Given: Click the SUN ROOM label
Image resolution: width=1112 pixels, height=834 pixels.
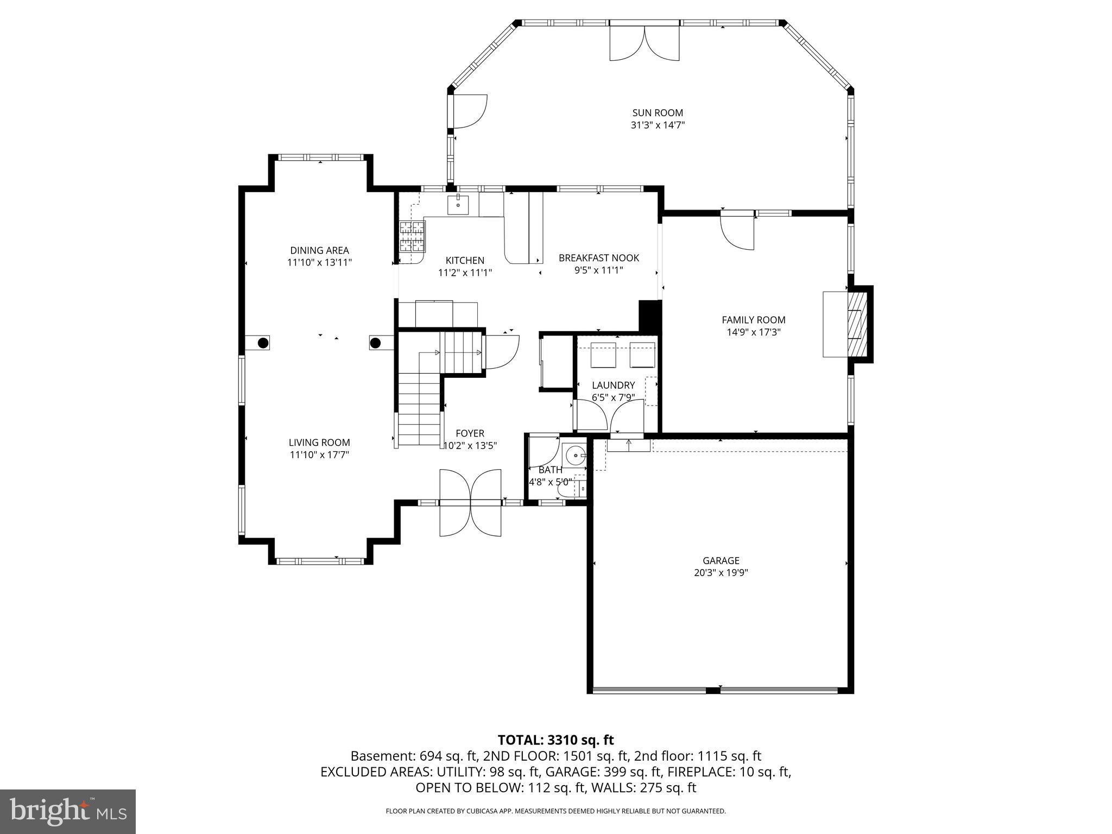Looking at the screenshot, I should point(657,113).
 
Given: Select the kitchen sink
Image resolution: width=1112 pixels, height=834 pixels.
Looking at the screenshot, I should point(458,205).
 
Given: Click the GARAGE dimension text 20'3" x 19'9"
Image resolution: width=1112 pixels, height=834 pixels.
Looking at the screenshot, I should point(721,572).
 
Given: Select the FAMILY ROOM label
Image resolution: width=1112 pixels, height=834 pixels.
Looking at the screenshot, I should point(753,320).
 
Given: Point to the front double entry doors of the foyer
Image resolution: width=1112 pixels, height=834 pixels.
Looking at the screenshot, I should point(470,503).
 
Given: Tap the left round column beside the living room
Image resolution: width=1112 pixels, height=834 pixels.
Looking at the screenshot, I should point(263,343).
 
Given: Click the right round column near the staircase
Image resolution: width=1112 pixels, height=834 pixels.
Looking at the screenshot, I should point(375,343).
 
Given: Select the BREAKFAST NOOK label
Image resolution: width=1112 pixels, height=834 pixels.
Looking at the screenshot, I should point(598,258).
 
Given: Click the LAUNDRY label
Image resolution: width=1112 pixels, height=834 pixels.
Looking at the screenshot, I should point(613,385).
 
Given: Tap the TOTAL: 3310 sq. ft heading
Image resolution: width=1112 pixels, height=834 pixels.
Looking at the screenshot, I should point(555,740).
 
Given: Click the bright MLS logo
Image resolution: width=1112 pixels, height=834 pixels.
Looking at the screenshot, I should point(68,811).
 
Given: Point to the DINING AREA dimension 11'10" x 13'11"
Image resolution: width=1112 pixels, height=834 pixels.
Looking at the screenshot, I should point(319,262).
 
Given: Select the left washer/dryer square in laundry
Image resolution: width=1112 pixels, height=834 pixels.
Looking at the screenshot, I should point(603,355).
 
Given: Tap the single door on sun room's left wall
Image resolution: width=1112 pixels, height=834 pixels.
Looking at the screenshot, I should point(469,112).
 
